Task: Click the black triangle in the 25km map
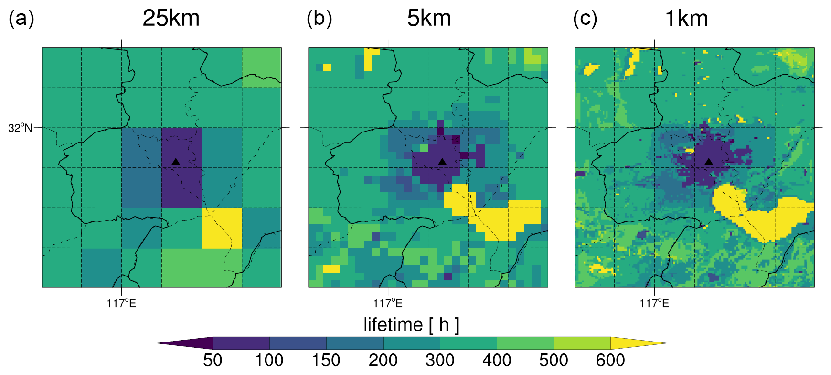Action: pyautogui.click(x=176, y=162)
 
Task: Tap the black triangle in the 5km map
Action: pyautogui.click(x=442, y=162)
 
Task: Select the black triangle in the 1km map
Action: pyautogui.click(x=709, y=162)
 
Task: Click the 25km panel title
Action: pyautogui.click(x=171, y=19)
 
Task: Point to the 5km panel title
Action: pyautogui.click(x=429, y=19)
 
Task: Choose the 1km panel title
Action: pyautogui.click(x=686, y=19)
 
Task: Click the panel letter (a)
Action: pyautogui.click(x=21, y=19)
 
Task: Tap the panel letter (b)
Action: pyautogui.click(x=320, y=19)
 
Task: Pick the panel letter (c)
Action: pyautogui.click(x=585, y=19)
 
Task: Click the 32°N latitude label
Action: pyautogui.click(x=20, y=128)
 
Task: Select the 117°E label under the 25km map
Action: pyautogui.click(x=121, y=303)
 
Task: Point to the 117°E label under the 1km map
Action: pyautogui.click(x=654, y=303)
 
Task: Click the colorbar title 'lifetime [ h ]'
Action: pyautogui.click(x=412, y=325)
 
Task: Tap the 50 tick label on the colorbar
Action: pyautogui.click(x=213, y=360)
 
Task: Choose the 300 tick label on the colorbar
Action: pyautogui.click(x=440, y=360)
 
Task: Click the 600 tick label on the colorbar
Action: pyautogui.click(x=610, y=360)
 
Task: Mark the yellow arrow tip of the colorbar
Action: pyautogui.click(x=667, y=343)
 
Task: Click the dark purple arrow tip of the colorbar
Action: pyautogui.click(x=157, y=343)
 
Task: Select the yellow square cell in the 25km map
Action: pyautogui.click(x=222, y=228)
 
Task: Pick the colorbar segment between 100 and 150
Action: pyautogui.click(x=298, y=343)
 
